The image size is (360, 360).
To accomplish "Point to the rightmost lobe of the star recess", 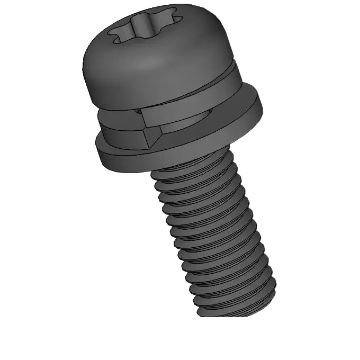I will tap(177, 21).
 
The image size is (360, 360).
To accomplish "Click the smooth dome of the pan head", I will tap(159, 64).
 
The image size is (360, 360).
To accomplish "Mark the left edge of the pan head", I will tap(86, 74).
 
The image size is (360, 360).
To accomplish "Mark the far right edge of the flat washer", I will tap(263, 106).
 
